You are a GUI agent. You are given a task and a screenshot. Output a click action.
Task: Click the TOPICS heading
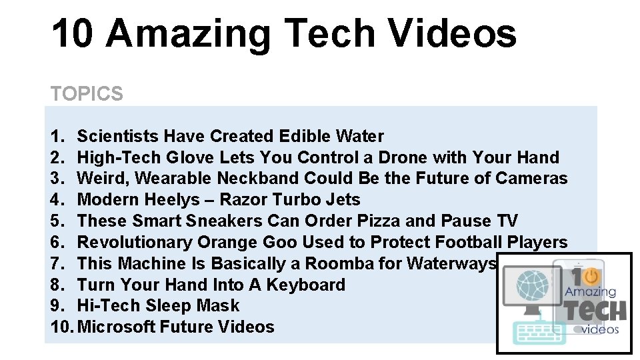tap(87, 94)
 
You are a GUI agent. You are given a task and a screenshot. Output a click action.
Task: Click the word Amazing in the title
tap(187, 33)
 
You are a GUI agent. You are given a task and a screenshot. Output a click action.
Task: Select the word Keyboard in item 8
tap(306, 285)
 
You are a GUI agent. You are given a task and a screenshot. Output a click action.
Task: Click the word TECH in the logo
tap(595, 310)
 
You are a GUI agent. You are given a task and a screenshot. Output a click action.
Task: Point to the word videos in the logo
tap(601, 329)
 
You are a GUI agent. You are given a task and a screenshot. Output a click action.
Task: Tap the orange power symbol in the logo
tap(590, 277)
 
